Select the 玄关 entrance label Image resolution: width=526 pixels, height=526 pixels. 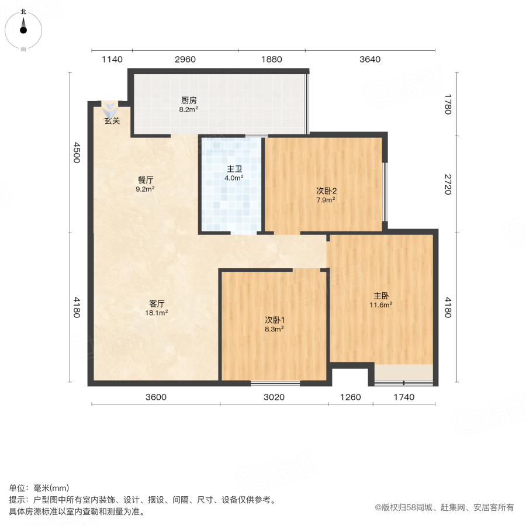(x=112, y=121)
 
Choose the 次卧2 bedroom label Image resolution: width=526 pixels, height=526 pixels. (x=326, y=191)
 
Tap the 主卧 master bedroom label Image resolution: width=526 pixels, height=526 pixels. (x=380, y=296)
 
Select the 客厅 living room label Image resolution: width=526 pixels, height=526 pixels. (x=157, y=304)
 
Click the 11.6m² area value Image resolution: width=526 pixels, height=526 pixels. (x=380, y=305)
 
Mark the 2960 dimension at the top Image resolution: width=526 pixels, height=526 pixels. (x=185, y=59)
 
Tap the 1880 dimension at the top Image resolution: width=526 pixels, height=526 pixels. (x=271, y=59)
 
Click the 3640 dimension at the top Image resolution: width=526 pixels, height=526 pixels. (x=370, y=59)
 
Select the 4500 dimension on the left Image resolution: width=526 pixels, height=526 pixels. (x=75, y=152)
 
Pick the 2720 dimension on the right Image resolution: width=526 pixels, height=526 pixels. (x=448, y=184)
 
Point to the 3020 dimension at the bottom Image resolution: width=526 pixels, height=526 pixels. (x=274, y=397)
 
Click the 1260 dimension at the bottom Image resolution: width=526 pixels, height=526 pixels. (x=351, y=397)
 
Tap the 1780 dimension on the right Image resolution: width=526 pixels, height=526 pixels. (x=448, y=104)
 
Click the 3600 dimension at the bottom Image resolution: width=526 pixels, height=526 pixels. (x=156, y=397)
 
